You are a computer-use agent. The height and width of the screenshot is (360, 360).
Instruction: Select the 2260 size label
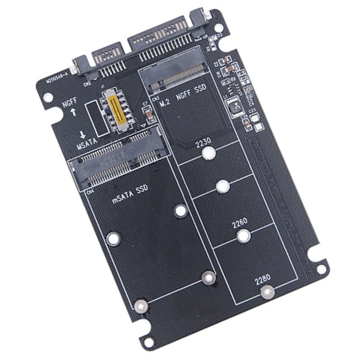coord(240,222)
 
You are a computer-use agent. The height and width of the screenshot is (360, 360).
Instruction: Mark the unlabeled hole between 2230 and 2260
coord(221,186)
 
